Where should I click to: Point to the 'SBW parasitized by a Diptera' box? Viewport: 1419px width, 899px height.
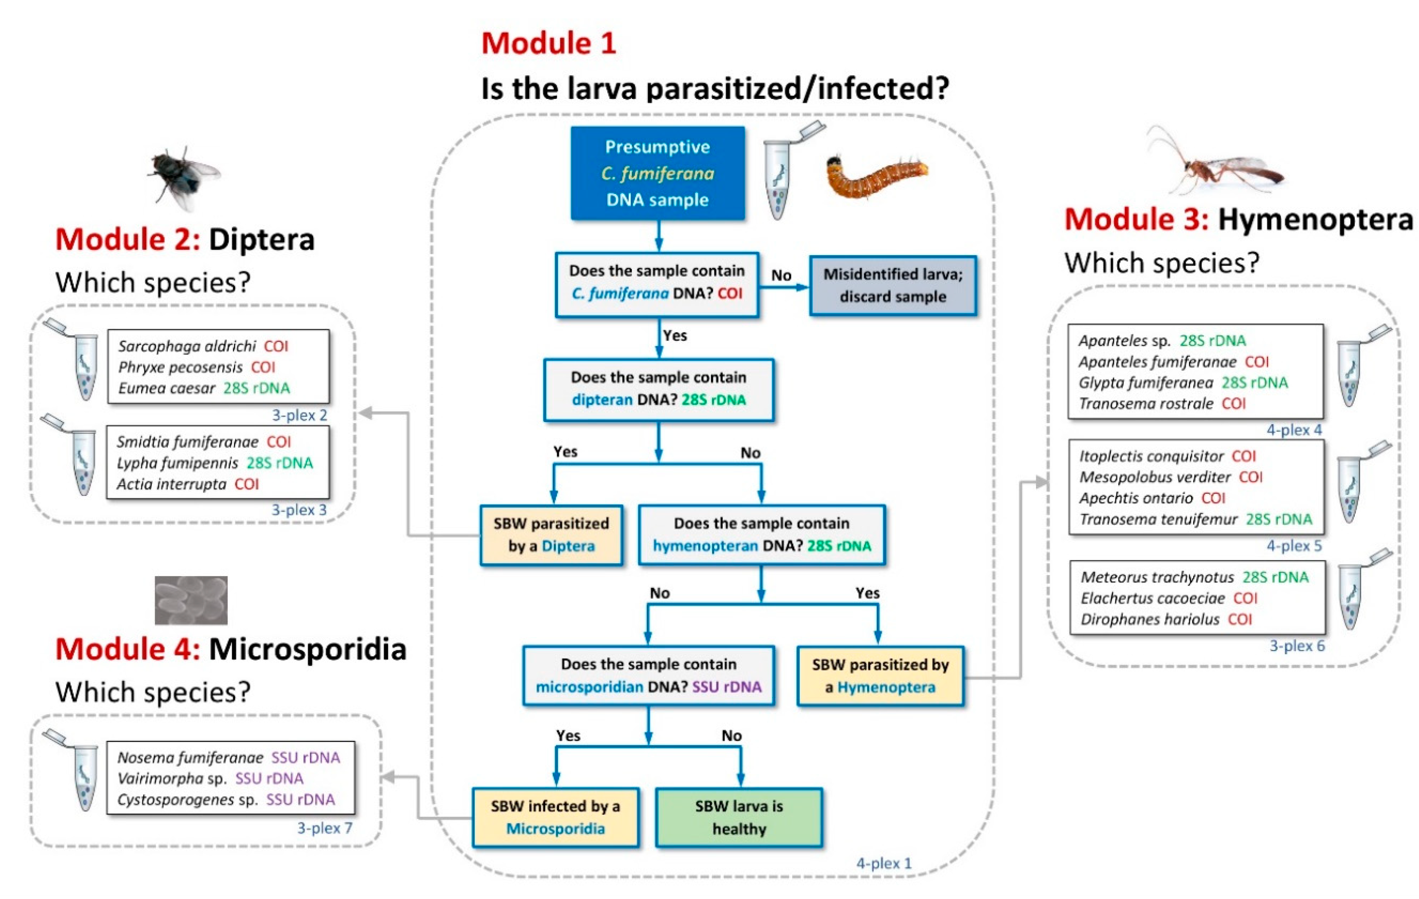(551, 535)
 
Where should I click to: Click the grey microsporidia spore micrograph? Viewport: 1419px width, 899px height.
(191, 600)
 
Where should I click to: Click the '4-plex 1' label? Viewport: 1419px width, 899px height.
(883, 863)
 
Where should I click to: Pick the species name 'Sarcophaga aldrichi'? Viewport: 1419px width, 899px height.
(187, 346)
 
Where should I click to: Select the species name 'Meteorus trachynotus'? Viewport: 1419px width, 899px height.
(1157, 577)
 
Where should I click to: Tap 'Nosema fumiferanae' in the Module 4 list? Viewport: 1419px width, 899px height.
(190, 757)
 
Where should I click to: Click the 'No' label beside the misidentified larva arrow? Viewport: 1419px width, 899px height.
(781, 275)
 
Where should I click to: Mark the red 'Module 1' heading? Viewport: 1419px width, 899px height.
(549, 43)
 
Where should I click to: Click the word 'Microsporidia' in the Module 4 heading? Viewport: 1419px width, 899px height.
(308, 649)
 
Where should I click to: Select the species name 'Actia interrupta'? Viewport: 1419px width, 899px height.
(171, 484)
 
